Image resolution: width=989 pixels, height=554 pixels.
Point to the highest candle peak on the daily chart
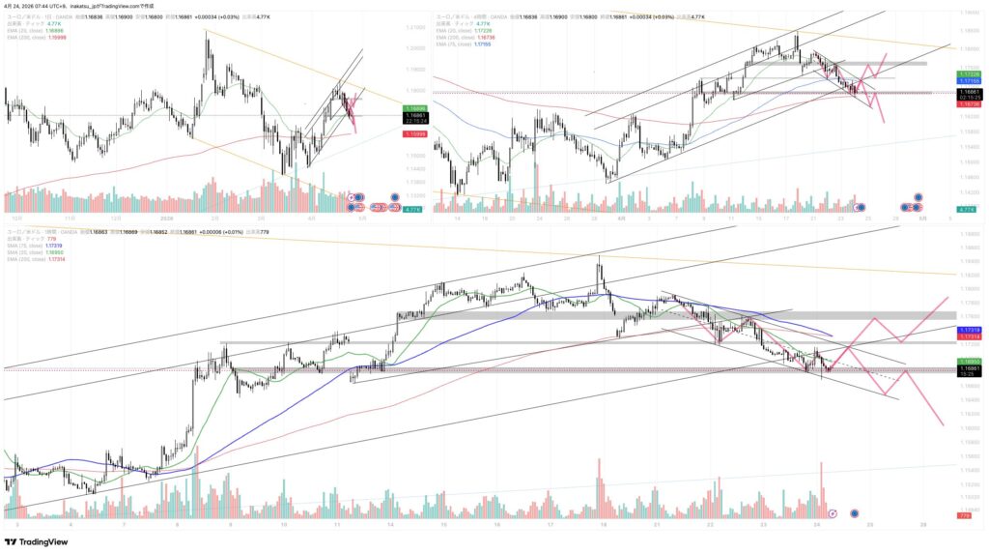click(x=206, y=32)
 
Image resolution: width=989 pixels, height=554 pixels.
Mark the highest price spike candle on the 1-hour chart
click(x=600, y=257)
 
